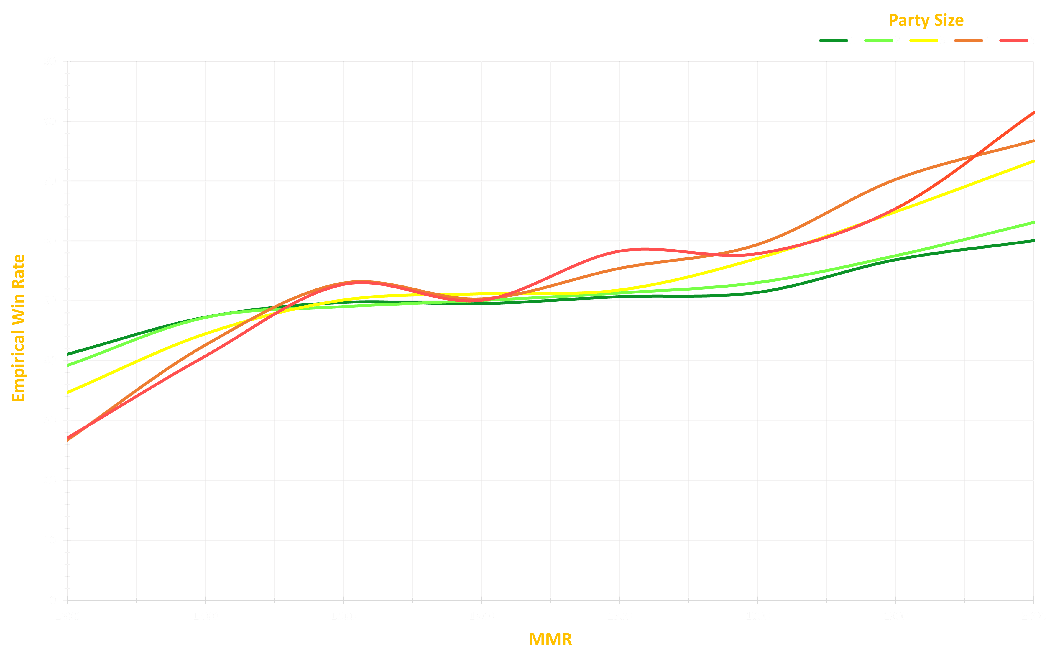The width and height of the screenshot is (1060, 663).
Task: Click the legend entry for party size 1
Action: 838,40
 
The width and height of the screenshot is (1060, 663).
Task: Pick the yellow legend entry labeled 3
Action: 928,40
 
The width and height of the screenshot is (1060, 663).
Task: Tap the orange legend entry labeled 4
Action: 972,40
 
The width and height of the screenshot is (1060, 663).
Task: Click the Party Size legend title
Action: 926,20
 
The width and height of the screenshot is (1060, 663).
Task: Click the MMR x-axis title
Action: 550,640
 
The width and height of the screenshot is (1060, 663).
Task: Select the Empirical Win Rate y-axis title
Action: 18,328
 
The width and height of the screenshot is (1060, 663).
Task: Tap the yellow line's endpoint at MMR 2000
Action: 1033,161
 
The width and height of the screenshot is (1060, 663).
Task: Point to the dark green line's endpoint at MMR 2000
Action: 1033,241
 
